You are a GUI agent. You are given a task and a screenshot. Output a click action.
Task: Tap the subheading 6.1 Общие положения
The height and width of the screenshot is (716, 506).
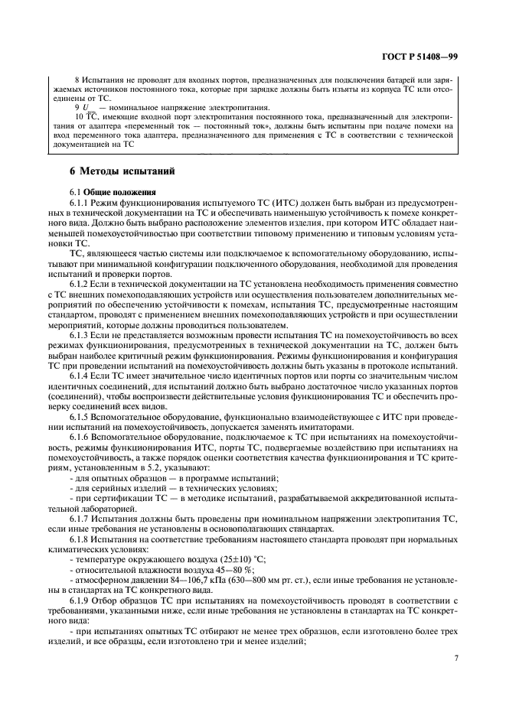pyautogui.click(x=112, y=191)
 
